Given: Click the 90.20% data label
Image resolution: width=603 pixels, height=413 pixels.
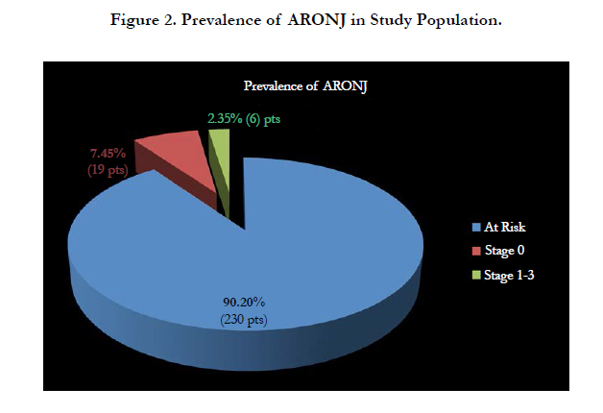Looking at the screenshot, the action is coord(244,303).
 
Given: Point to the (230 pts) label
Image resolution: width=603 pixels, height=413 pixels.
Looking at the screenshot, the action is coord(244,320).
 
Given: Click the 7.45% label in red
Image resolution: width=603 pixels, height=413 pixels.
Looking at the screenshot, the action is coord(108,153).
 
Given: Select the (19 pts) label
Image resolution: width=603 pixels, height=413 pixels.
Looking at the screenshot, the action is coord(108,170).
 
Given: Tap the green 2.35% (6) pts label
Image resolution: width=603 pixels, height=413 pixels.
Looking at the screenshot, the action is coord(244,118).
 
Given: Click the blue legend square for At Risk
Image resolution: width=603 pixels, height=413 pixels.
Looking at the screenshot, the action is coord(476,227).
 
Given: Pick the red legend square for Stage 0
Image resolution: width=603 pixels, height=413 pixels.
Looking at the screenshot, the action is coord(476,251).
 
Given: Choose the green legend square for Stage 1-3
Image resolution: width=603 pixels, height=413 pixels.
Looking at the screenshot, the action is coord(476,275).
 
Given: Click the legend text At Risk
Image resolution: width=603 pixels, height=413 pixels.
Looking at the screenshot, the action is coord(504,227).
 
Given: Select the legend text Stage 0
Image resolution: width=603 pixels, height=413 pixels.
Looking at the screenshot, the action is coord(504,251).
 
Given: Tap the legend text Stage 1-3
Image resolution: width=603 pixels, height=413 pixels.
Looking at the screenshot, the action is coord(509,276).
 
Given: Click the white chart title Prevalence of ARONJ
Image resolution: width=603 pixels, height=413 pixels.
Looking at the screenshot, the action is coord(305,85).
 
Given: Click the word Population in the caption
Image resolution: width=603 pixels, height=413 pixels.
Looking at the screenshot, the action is coord(459,20).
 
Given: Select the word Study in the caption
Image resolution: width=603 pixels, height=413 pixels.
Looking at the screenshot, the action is coord(391,20).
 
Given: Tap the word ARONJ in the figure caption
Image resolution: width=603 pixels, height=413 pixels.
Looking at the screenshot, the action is coord(316,20).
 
